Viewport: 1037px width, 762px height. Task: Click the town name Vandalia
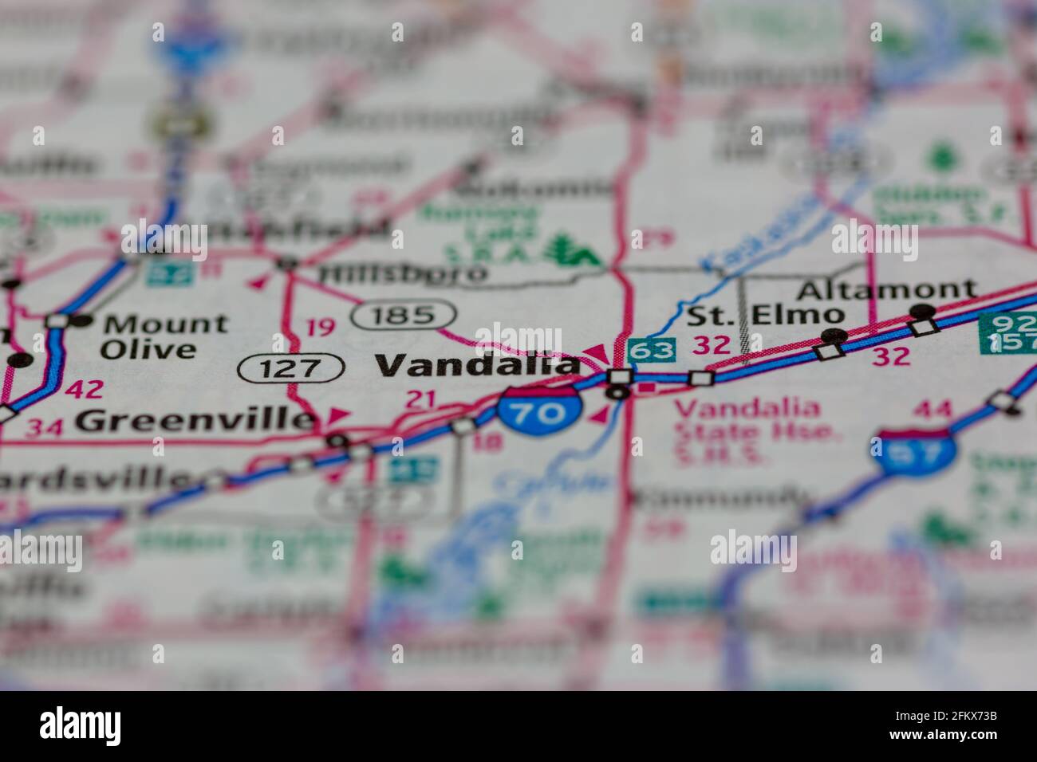[477, 365]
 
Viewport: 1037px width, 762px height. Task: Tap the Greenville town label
[195, 420]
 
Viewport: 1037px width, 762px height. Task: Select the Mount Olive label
[164, 336]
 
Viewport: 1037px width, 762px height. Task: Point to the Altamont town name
[886, 289]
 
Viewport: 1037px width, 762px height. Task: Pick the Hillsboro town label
[402, 273]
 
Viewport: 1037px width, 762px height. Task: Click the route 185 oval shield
[403, 315]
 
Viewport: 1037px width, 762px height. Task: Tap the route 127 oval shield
[291, 367]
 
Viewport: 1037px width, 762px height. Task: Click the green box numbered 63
[651, 349]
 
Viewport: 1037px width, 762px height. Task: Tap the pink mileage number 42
[85, 390]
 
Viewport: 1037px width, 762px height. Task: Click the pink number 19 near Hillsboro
[321, 327]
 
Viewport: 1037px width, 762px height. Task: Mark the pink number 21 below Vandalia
[421, 399]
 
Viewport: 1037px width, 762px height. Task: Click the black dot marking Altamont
[922, 311]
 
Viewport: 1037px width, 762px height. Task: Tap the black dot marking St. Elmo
[834, 335]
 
